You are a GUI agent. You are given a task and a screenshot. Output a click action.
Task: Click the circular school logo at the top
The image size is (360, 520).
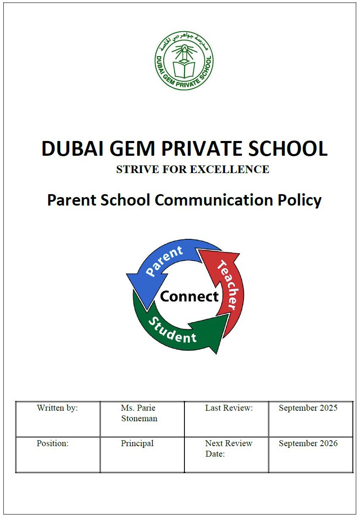(184, 60)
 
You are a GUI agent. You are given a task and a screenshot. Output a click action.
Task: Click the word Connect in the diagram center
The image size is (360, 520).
(189, 296)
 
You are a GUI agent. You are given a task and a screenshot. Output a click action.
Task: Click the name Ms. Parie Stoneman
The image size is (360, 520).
(139, 413)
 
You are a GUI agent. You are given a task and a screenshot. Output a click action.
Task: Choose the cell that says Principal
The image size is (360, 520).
(137, 444)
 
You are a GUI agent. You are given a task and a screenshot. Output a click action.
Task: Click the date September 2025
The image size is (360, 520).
(308, 408)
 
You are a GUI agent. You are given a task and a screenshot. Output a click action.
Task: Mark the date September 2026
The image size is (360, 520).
(308, 444)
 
